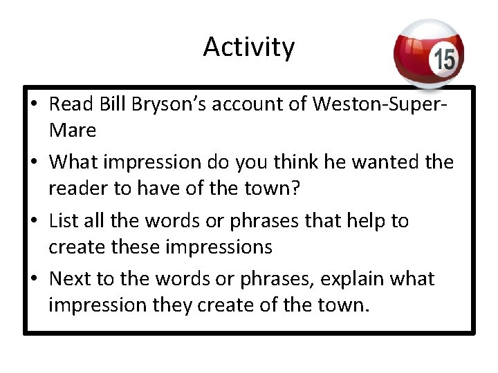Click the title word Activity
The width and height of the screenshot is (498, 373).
click(249, 47)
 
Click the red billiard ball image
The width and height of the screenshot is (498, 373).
click(428, 55)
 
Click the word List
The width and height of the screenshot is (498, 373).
click(64, 221)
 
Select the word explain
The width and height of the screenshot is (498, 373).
click(326, 279)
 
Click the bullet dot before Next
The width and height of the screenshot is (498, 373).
click(35, 280)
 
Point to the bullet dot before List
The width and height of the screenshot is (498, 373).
click(35, 222)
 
